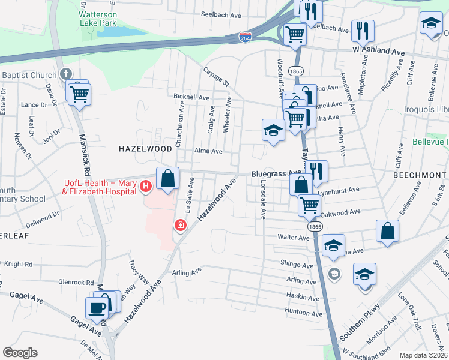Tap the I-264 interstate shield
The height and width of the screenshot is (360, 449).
244,37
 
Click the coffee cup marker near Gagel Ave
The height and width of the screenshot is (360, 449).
96,308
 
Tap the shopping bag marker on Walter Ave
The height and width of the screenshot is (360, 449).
388,232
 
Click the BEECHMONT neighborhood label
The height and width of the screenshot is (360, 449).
418,174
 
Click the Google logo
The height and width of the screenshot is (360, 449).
20,353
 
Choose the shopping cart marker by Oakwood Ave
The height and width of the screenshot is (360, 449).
309,205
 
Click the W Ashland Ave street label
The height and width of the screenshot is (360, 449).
379,52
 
